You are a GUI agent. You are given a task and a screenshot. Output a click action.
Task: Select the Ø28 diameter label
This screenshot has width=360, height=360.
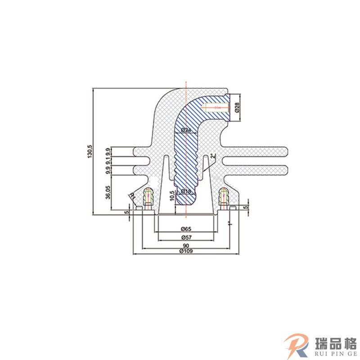click(x=237, y=108)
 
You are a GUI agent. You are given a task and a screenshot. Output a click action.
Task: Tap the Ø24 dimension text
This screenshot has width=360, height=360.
click(x=186, y=130)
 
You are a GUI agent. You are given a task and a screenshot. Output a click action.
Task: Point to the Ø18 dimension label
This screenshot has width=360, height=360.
click(x=185, y=191)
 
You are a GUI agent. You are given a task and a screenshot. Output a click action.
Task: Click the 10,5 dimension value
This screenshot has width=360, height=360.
click(x=172, y=196)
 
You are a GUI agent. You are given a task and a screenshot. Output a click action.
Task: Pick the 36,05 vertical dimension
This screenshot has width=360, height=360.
click(x=108, y=192)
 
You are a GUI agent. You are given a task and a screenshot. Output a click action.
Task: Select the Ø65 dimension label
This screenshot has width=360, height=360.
click(x=186, y=229)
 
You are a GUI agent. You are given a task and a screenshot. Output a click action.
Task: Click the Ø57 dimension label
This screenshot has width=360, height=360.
click(x=186, y=237)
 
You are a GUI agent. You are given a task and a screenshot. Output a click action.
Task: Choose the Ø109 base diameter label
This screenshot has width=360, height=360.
click(x=186, y=252)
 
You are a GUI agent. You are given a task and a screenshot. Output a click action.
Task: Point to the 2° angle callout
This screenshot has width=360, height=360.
click(x=212, y=156)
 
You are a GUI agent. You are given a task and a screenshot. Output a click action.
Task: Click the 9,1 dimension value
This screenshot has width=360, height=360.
click(x=108, y=161)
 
